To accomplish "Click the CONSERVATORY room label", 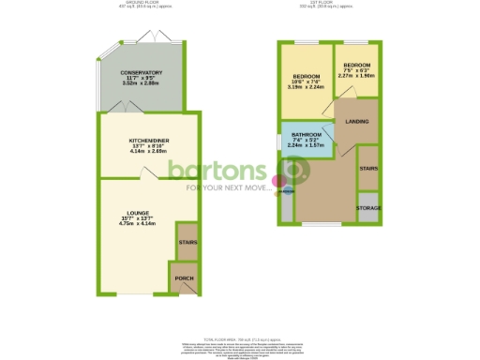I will [x=141, y=72].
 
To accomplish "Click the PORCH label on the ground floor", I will [x=184, y=278].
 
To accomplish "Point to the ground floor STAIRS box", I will [x=187, y=241].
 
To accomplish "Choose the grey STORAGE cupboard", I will [x=367, y=207].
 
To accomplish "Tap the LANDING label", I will [x=356, y=121].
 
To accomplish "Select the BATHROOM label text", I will [x=307, y=135].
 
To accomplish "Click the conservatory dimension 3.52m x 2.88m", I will [x=141, y=84].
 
